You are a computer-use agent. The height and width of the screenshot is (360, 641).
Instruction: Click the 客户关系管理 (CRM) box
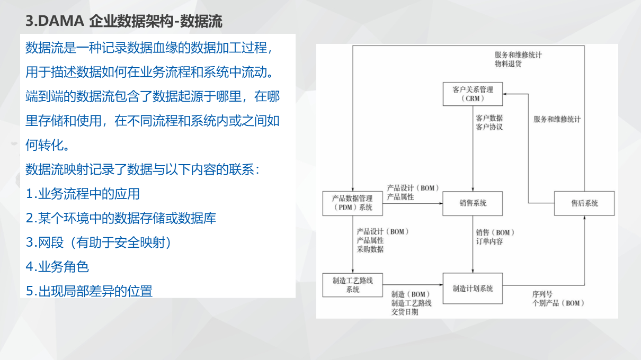click(x=473, y=94)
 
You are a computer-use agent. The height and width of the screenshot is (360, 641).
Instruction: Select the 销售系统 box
click(x=473, y=203)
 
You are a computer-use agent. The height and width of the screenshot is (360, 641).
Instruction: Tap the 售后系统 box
click(x=584, y=203)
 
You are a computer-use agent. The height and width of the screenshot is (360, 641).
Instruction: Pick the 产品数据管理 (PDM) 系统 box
click(x=352, y=203)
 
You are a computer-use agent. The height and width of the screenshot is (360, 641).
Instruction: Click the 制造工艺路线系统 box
click(x=352, y=285)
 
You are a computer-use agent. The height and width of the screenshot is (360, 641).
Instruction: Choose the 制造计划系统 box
click(x=473, y=289)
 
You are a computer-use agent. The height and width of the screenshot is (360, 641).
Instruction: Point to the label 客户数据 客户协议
click(x=489, y=122)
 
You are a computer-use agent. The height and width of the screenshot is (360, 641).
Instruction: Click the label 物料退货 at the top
click(x=508, y=64)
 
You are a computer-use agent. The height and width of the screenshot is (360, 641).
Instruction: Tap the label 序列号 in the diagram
click(x=542, y=294)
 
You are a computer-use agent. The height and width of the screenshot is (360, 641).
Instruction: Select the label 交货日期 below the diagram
click(x=405, y=312)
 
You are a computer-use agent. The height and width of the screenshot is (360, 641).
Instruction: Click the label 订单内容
click(x=489, y=241)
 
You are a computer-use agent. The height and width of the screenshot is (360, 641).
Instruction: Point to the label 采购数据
click(x=370, y=249)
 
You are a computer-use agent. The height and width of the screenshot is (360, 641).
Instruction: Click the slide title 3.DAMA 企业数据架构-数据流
click(x=124, y=22)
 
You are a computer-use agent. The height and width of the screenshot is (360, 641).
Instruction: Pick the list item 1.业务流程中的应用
click(x=83, y=194)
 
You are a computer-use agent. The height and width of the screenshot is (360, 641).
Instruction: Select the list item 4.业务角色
click(x=57, y=267)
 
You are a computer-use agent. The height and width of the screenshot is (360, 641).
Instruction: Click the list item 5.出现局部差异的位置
click(x=89, y=291)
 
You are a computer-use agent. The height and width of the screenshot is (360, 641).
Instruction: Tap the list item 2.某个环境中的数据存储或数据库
click(x=121, y=218)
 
